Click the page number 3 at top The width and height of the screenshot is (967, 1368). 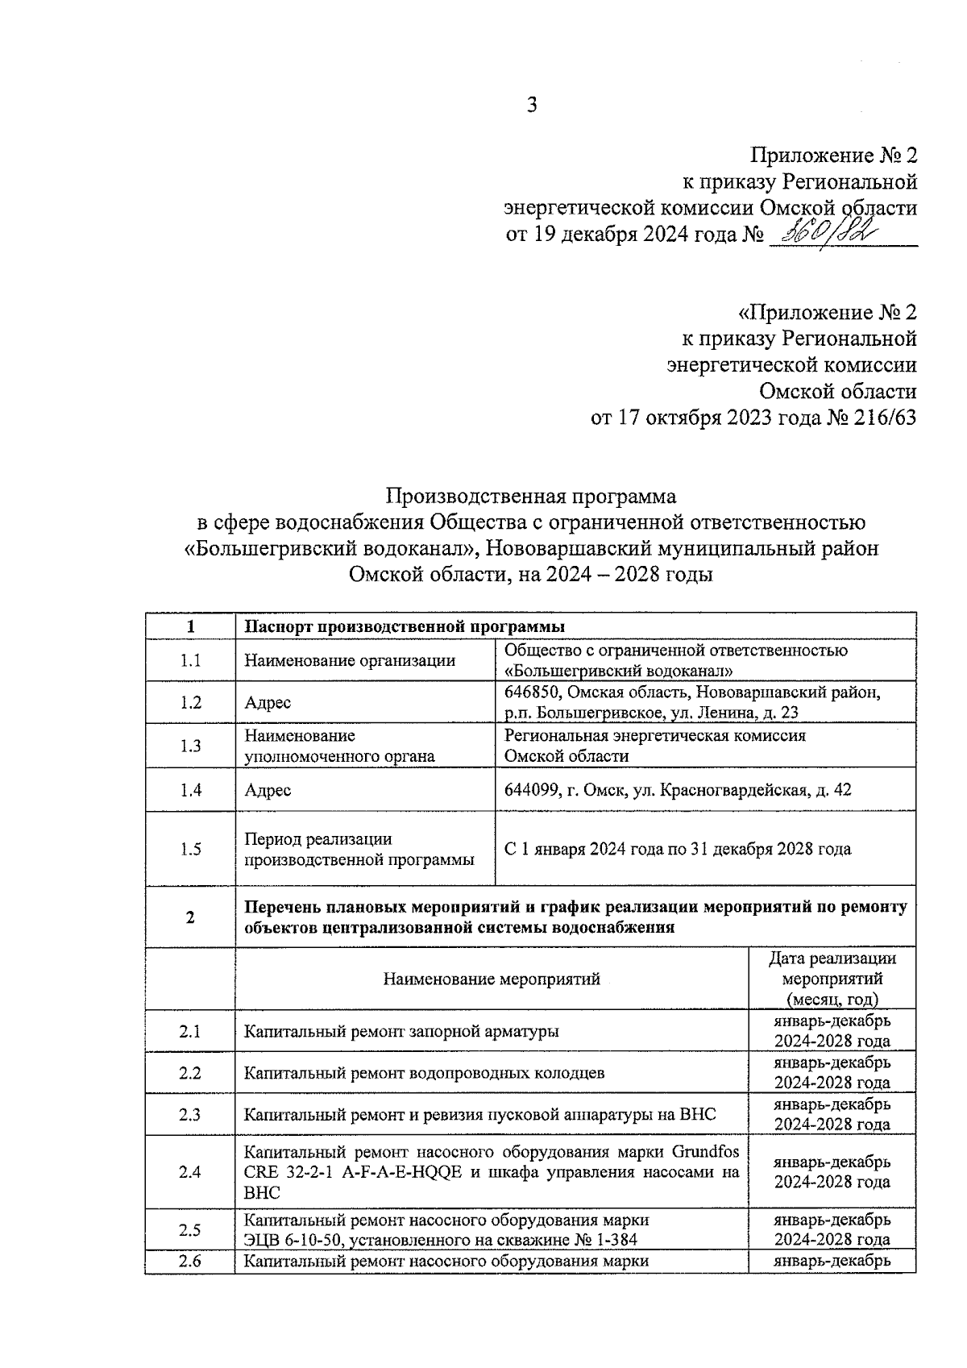pyautogui.click(x=531, y=105)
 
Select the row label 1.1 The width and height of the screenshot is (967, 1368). pyautogui.click(x=190, y=661)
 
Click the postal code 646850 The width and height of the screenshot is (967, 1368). pyautogui.click(x=532, y=692)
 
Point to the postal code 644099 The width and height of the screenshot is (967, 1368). pyautogui.click(x=533, y=790)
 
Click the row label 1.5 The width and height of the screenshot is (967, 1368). pyautogui.click(x=190, y=849)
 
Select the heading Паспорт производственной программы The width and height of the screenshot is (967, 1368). pyautogui.click(x=405, y=627)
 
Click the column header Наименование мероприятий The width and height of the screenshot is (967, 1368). pyautogui.click(x=492, y=979)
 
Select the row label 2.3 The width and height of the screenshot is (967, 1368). pyautogui.click(x=190, y=1115)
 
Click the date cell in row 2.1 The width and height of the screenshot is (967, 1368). pyautogui.click(x=832, y=1031)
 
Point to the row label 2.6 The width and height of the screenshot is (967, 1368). pyautogui.click(x=190, y=1262)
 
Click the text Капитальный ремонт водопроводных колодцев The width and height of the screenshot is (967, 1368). pyautogui.click(x=424, y=1073)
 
